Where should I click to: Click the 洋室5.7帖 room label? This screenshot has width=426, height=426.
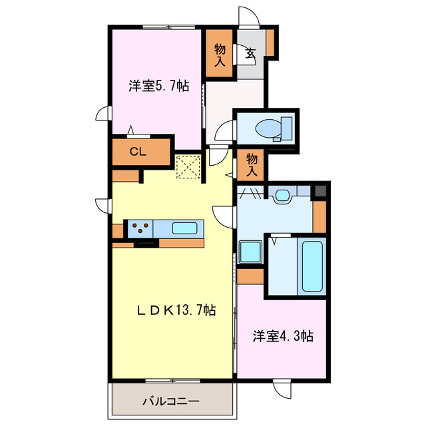tap(158, 86)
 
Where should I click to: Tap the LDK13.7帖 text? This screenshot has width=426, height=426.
tap(176, 310)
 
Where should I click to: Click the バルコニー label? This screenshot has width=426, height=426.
tap(170, 401)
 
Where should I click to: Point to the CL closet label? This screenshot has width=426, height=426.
tap(138, 152)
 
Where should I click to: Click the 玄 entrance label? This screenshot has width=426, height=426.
tap(250, 53)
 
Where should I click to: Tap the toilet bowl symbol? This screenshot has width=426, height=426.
tap(274, 127)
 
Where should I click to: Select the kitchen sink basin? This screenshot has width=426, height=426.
tap(184, 228)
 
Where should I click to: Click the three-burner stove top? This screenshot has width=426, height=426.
tap(139, 228)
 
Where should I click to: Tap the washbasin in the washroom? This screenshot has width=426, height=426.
tap(282, 195)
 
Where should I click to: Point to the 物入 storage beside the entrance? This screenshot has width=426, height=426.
tap(219, 53)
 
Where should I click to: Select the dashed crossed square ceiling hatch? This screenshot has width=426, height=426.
tap(189, 166)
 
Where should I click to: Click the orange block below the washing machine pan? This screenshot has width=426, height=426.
tap(251, 276)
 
